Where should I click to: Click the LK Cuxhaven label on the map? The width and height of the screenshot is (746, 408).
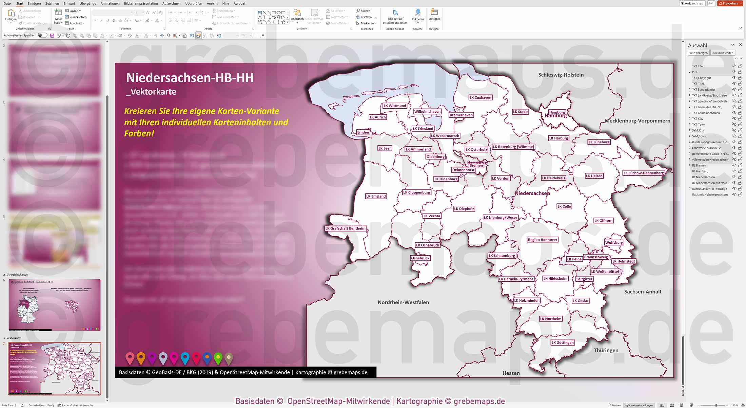[480, 97]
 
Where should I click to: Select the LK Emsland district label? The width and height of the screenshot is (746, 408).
[376, 196]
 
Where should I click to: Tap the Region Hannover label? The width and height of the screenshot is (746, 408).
[542, 240]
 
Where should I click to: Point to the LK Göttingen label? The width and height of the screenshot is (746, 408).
[562, 342]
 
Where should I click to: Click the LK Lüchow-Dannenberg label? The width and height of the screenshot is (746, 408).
[643, 173]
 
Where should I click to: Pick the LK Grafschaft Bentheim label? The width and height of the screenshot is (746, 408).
[345, 228]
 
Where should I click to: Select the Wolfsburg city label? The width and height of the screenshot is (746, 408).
[614, 243]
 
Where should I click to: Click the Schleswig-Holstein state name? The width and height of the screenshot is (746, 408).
[561, 75]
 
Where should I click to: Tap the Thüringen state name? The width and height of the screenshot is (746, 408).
[606, 350]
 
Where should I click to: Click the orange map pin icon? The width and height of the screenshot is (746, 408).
[141, 357]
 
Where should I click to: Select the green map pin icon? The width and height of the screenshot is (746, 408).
[218, 357]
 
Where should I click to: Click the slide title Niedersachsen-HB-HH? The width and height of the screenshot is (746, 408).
[190, 78]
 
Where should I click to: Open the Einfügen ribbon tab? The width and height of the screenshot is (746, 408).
[34, 3]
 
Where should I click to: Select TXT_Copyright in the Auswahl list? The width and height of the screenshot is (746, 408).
[701, 78]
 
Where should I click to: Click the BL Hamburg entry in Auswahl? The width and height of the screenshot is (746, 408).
[700, 171]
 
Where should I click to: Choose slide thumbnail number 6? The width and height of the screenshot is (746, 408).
[54, 305]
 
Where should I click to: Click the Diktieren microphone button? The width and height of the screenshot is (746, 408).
[418, 15]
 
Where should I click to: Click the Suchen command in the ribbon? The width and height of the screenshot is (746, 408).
[363, 11]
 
